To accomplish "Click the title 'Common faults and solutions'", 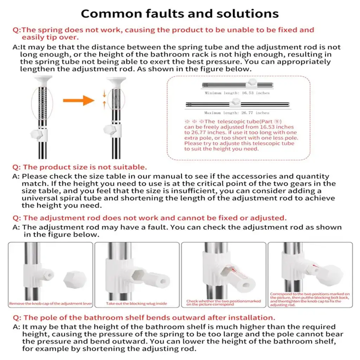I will [x=180, y=13].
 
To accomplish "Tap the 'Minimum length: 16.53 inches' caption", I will [x=237, y=93].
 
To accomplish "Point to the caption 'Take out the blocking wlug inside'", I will [x=136, y=303].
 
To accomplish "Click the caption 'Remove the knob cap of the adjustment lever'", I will [x=50, y=303].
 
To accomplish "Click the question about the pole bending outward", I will [x=141, y=318].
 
